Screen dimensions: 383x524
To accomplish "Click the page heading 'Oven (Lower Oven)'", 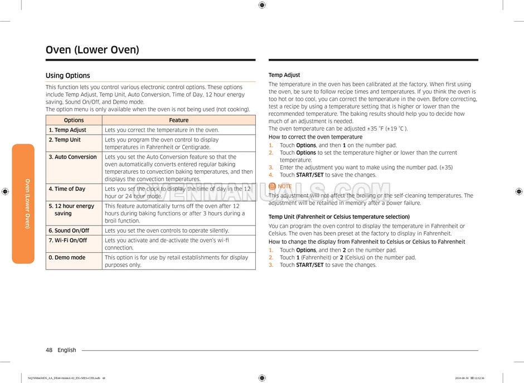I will click(92, 50).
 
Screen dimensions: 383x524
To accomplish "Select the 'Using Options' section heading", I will click(67, 76).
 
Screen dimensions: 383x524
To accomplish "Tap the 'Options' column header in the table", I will click(74, 120).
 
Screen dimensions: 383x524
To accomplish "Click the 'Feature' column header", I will click(178, 120).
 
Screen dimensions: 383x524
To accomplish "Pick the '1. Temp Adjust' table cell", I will click(67, 130).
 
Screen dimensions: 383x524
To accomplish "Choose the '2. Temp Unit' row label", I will click(64, 140).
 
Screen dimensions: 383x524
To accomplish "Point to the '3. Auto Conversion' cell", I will click(72, 157).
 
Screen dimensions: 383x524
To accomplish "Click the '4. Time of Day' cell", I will click(67, 189).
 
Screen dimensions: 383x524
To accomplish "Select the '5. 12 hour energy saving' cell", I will click(71, 209).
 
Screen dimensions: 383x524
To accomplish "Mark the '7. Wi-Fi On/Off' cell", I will click(67, 240).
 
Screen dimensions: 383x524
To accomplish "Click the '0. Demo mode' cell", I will click(67, 258).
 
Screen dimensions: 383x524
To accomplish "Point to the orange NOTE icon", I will click(272, 186).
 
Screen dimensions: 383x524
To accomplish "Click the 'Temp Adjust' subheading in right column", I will click(284, 75).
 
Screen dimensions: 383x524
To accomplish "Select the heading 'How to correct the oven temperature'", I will click(316, 137).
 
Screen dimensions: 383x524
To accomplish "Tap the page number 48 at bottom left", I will click(49, 350).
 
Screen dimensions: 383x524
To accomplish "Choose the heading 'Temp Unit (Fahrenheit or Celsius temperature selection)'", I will click(339, 217).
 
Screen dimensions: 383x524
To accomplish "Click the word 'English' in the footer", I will click(67, 350).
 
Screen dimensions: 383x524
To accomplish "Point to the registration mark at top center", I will click(262, 6).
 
